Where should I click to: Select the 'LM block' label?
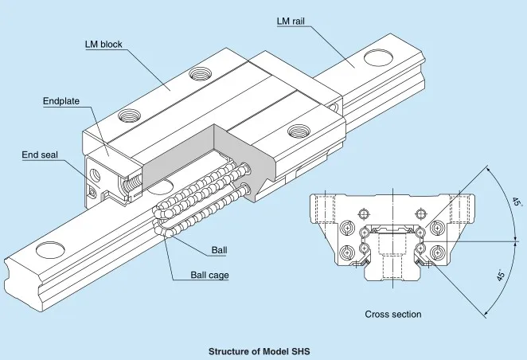(x=103, y=45)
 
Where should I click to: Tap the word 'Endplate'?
(x=61, y=101)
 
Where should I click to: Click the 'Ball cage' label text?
(x=210, y=276)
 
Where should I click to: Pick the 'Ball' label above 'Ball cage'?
(x=219, y=251)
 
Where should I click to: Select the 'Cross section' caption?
(x=392, y=315)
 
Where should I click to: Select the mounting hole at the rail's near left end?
(x=49, y=251)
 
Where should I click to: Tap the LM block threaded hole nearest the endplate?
(x=127, y=115)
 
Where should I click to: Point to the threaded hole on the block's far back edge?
(x=197, y=76)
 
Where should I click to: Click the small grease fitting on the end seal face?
(x=93, y=191)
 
